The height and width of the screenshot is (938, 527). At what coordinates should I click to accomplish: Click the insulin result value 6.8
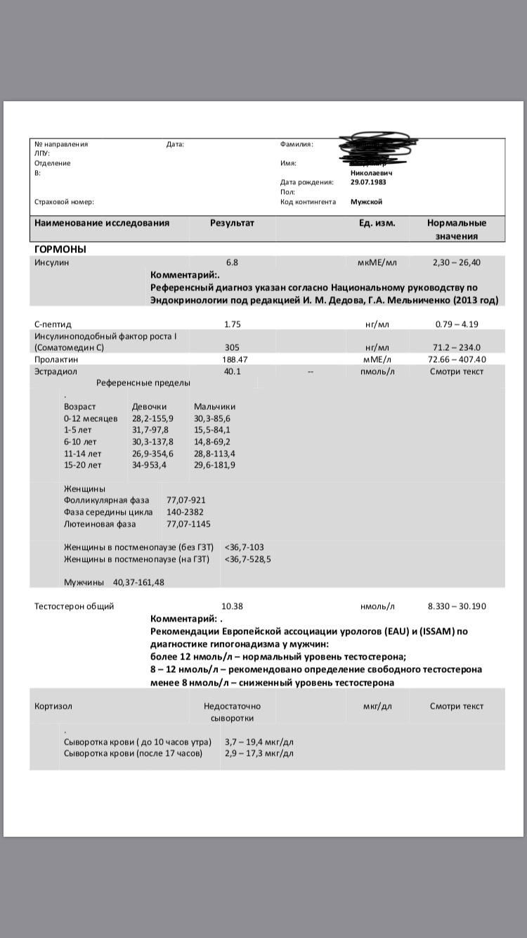point(232,262)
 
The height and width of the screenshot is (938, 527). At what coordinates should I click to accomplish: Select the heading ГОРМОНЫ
point(60,249)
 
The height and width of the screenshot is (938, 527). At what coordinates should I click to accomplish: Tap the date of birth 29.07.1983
point(368,182)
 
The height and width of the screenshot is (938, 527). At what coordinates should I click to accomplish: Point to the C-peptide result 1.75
point(232,324)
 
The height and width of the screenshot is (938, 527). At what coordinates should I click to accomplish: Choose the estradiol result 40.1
point(232,371)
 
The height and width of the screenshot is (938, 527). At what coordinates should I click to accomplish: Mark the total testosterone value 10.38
point(232,606)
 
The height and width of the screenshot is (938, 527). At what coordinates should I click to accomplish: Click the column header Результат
point(232,224)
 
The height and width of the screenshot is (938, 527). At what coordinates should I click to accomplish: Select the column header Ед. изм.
point(377,224)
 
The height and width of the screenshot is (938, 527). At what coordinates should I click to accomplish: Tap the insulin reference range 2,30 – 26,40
point(457,262)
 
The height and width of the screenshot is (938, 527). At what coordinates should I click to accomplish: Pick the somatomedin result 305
point(232,347)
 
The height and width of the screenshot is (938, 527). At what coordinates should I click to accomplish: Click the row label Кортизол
point(53,706)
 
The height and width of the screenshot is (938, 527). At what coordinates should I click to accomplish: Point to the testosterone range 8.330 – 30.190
point(457,606)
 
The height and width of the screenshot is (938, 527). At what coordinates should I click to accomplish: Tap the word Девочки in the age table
point(149,406)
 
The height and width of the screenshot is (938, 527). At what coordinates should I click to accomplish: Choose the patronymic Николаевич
point(371,172)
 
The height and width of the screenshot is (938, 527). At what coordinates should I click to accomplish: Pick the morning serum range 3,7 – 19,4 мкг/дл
point(259,742)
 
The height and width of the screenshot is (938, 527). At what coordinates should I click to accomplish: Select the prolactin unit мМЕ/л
point(377,359)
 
